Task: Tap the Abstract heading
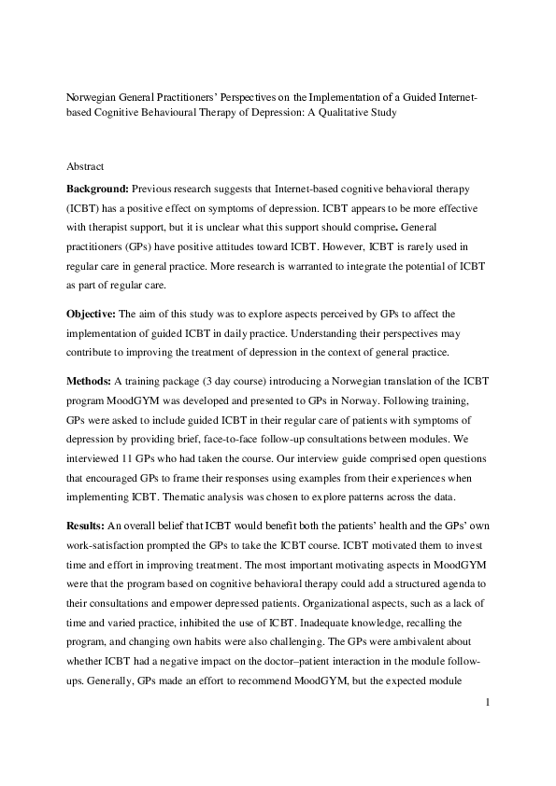pyautogui.click(x=85, y=166)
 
